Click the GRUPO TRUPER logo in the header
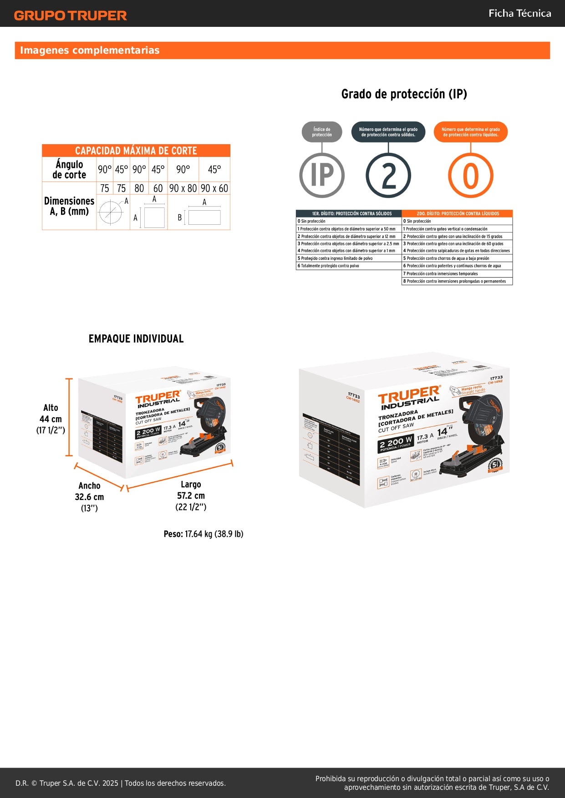pyautogui.click(x=70, y=15)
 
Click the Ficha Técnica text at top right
pyautogui.click(x=519, y=13)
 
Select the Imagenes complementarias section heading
pyautogui.click(x=90, y=50)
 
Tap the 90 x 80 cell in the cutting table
pyautogui.click(x=183, y=188)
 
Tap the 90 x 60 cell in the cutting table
pyautogui.click(x=214, y=188)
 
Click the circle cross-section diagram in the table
pyautogui.click(x=111, y=212)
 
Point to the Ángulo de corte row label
pyautogui.click(x=69, y=169)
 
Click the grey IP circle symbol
pyautogui.click(x=322, y=175)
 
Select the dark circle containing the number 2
pyautogui.click(x=388, y=176)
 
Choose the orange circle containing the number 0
pyautogui.click(x=470, y=176)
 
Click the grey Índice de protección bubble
pyautogui.click(x=322, y=132)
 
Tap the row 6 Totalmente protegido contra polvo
pyautogui.click(x=348, y=266)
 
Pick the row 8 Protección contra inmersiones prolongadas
pyautogui.click(x=457, y=281)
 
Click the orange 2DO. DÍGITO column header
pyautogui.click(x=457, y=213)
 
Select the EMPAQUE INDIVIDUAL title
pyautogui.click(x=136, y=338)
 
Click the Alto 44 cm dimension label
pyautogui.click(x=51, y=419)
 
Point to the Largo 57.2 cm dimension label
pyautogui.click(x=191, y=495)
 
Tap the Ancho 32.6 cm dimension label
pyautogui.click(x=89, y=497)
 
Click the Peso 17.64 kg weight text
pyautogui.click(x=204, y=534)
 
